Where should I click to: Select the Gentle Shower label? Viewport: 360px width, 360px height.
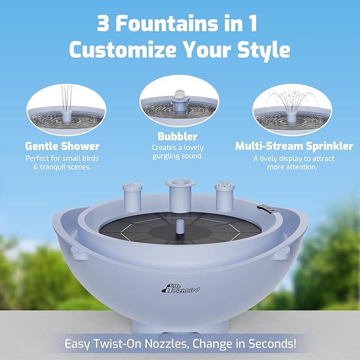62,146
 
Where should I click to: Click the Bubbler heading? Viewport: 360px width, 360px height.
177,136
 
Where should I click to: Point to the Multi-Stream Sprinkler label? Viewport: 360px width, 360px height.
294,146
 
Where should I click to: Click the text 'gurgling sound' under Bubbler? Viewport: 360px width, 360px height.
178,156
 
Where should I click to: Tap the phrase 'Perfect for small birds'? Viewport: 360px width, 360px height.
62,158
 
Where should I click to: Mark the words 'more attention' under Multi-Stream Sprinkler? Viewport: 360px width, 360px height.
293,166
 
